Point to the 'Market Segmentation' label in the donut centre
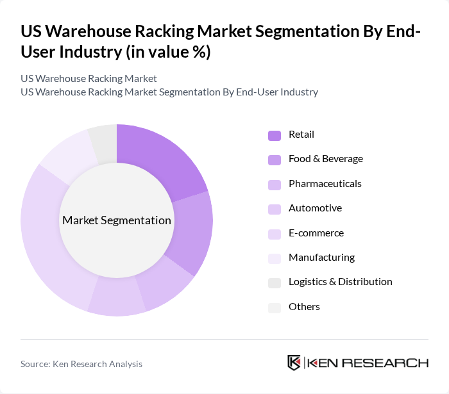point(117,220)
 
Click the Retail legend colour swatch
point(274,135)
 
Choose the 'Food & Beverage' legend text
point(325,159)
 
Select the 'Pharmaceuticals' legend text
point(325,184)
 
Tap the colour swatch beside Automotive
point(274,209)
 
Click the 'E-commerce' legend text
point(316,233)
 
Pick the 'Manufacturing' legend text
point(321,258)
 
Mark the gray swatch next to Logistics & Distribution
point(274,283)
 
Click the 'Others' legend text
point(304,307)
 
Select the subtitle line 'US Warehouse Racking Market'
point(89,79)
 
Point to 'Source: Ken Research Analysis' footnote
point(81,364)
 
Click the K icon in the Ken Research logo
point(294,363)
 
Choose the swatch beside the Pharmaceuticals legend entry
point(274,185)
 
